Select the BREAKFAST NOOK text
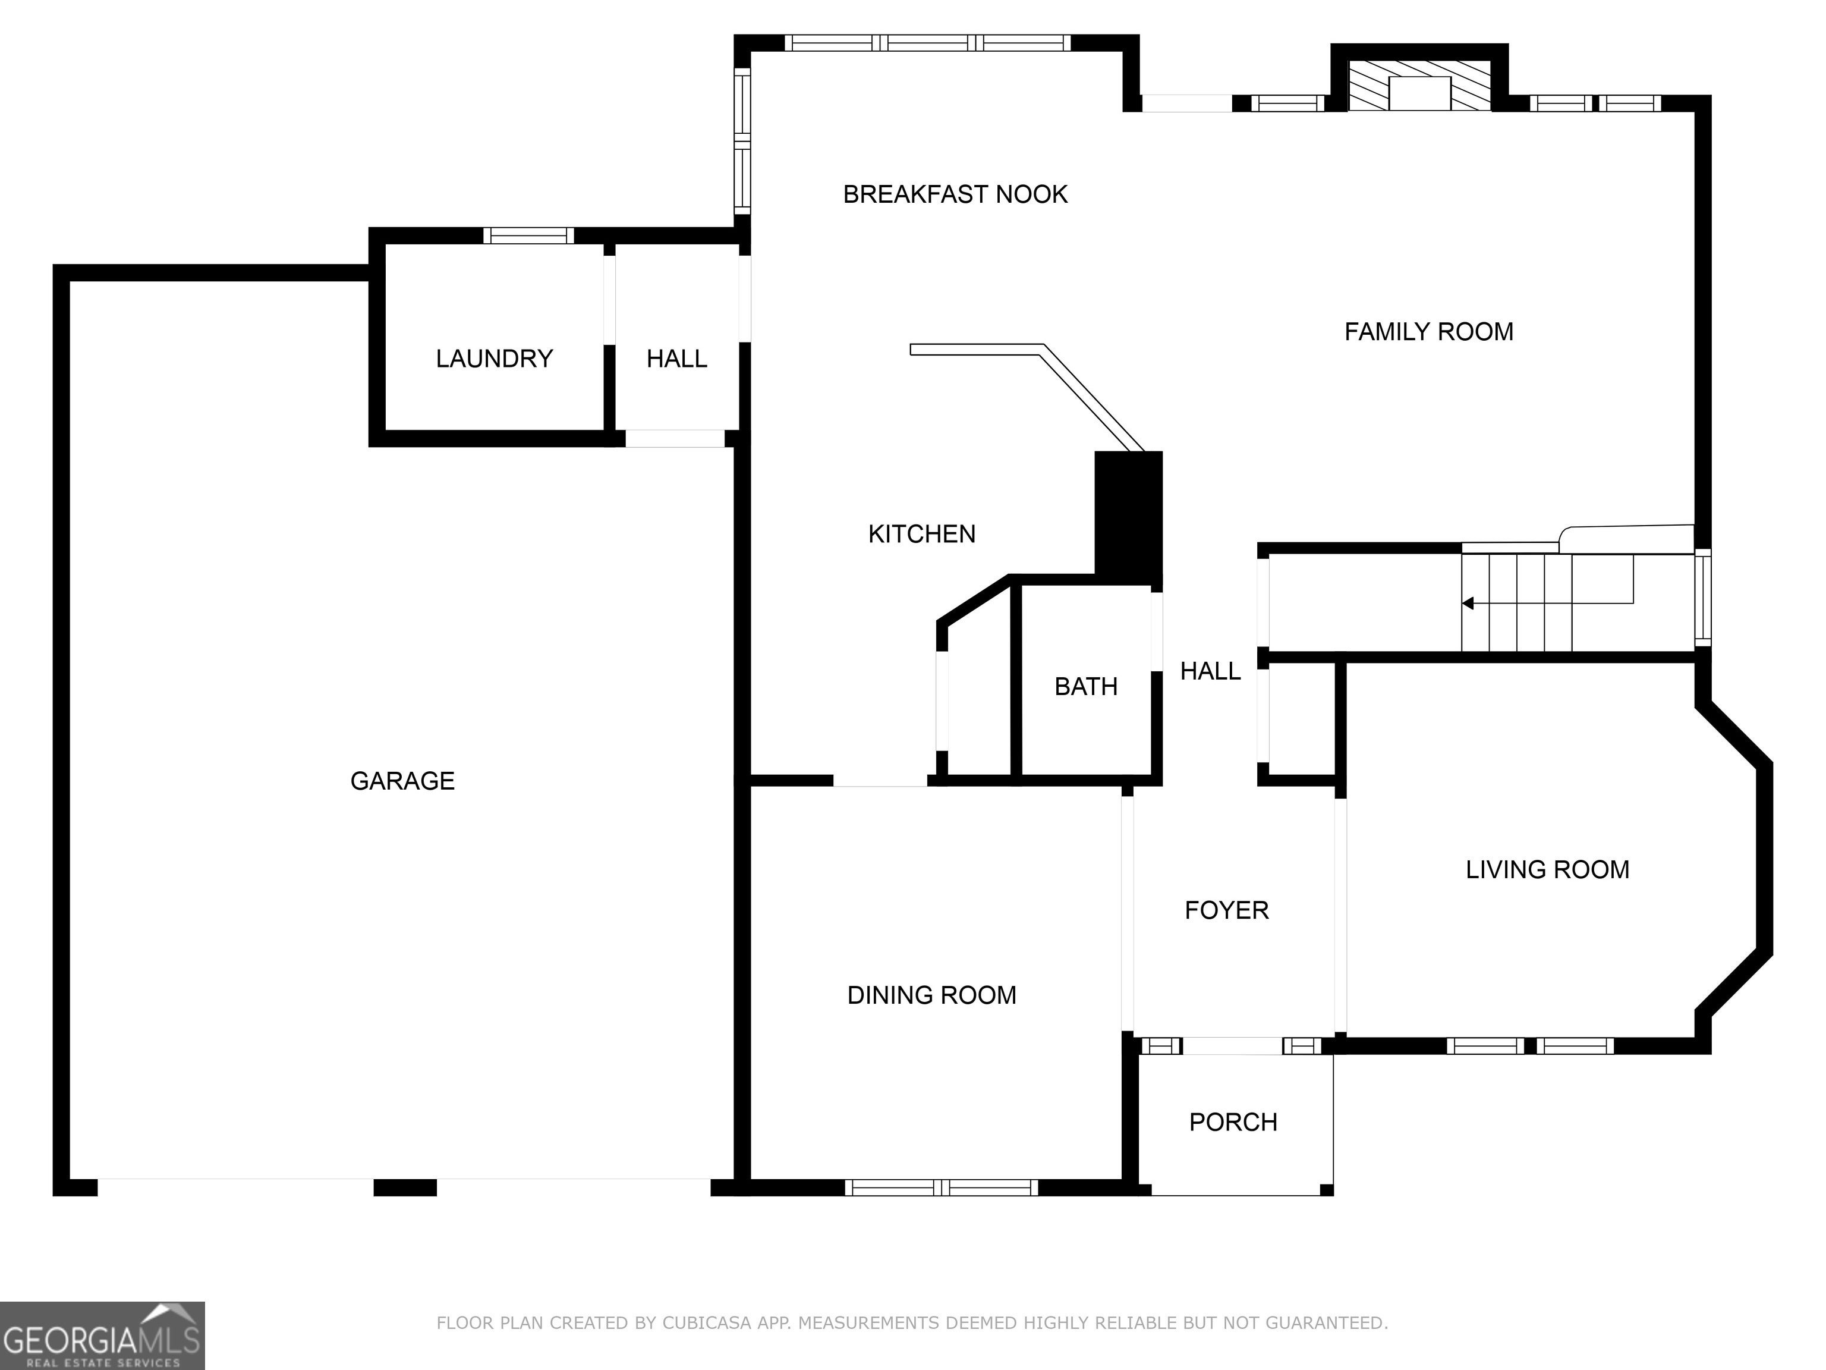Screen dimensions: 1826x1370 tap(955, 194)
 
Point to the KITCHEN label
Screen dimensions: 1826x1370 tap(922, 535)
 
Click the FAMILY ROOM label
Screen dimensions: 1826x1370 tap(1429, 332)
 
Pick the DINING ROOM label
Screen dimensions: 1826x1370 tap(932, 995)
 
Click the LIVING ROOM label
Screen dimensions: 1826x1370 tap(1548, 869)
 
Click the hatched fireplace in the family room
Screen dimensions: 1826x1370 tap(1420, 85)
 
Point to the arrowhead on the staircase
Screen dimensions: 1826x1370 tap(1468, 604)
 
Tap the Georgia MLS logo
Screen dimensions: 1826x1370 tap(102, 1336)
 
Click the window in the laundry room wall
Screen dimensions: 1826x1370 tap(528, 235)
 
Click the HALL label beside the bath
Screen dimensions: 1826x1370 tap(1210, 671)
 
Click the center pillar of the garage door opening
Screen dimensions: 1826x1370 tap(405, 1187)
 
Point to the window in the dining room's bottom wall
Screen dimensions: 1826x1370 tap(941, 1187)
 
